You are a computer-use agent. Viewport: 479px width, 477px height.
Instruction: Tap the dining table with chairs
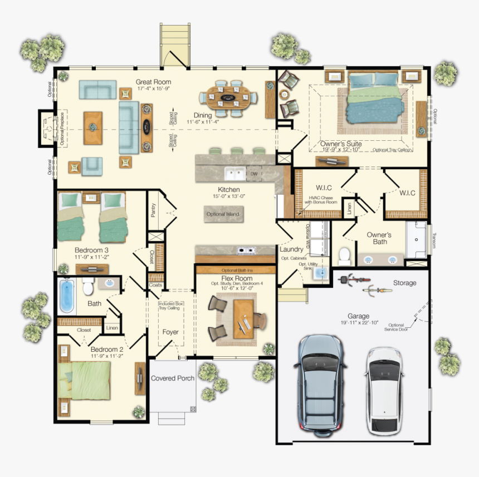pos(229,99)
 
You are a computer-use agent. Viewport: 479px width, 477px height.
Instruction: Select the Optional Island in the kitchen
pos(223,214)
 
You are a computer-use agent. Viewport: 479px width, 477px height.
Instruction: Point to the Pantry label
pos(153,209)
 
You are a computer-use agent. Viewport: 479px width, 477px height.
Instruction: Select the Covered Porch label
pos(173,378)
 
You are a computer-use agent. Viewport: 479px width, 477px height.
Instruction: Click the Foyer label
pos(170,332)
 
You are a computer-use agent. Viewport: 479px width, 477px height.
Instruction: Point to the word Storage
pos(404,283)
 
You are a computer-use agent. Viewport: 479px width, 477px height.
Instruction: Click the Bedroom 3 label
pos(92,250)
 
